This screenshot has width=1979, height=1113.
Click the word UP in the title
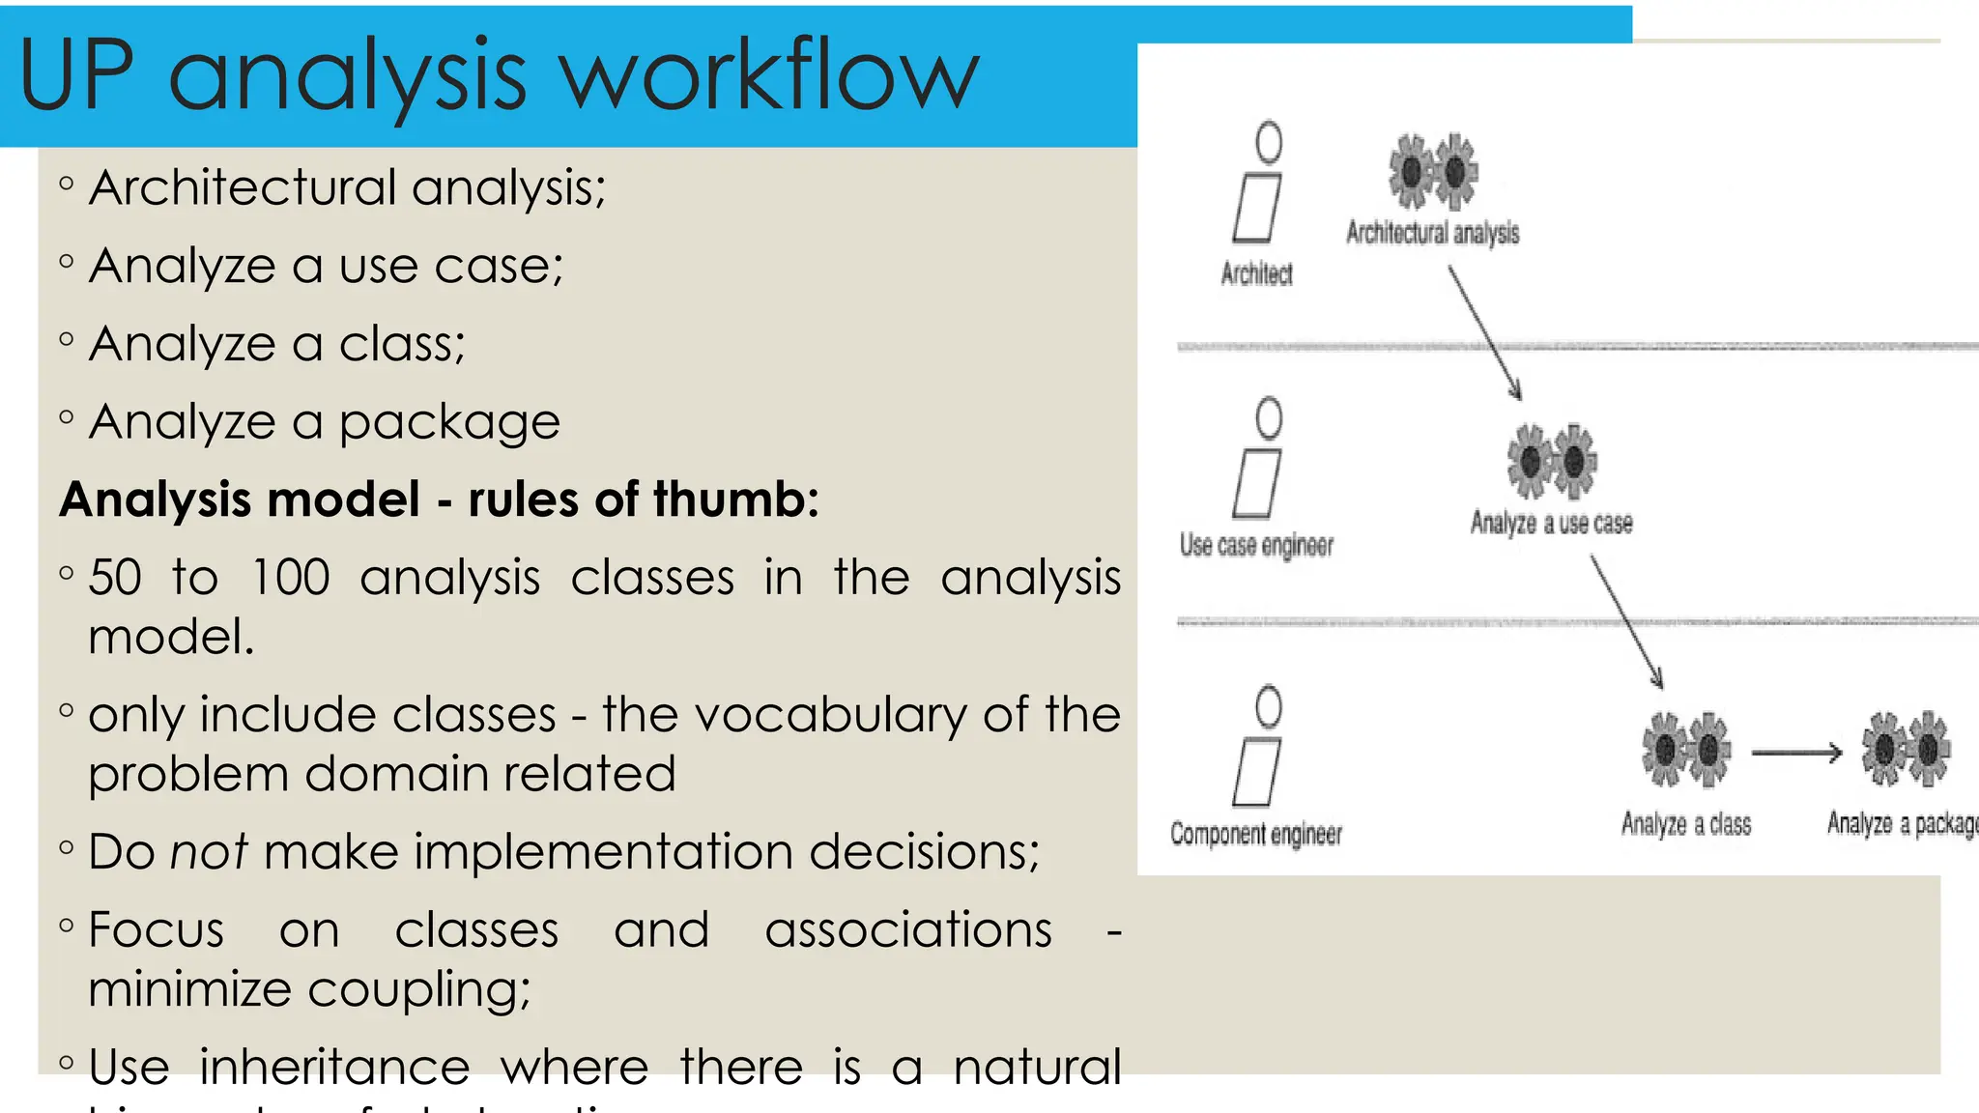click(77, 75)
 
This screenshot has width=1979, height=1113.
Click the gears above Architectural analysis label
click(1433, 171)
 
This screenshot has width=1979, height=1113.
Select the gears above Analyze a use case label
click(1552, 461)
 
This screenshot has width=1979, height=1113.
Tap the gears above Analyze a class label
click(1686, 749)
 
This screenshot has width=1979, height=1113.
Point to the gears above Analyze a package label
click(1907, 748)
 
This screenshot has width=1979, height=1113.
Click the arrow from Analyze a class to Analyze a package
click(1796, 752)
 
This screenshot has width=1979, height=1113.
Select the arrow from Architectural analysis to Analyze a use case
click(1484, 332)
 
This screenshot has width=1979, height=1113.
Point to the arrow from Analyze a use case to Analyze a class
click(1626, 622)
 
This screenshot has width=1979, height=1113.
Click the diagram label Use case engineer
click(1256, 546)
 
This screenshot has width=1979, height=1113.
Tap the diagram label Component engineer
click(1256, 834)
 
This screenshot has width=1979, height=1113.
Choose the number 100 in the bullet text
click(290, 578)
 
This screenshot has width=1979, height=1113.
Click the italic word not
click(208, 852)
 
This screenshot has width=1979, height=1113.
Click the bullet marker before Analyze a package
click(66, 417)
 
